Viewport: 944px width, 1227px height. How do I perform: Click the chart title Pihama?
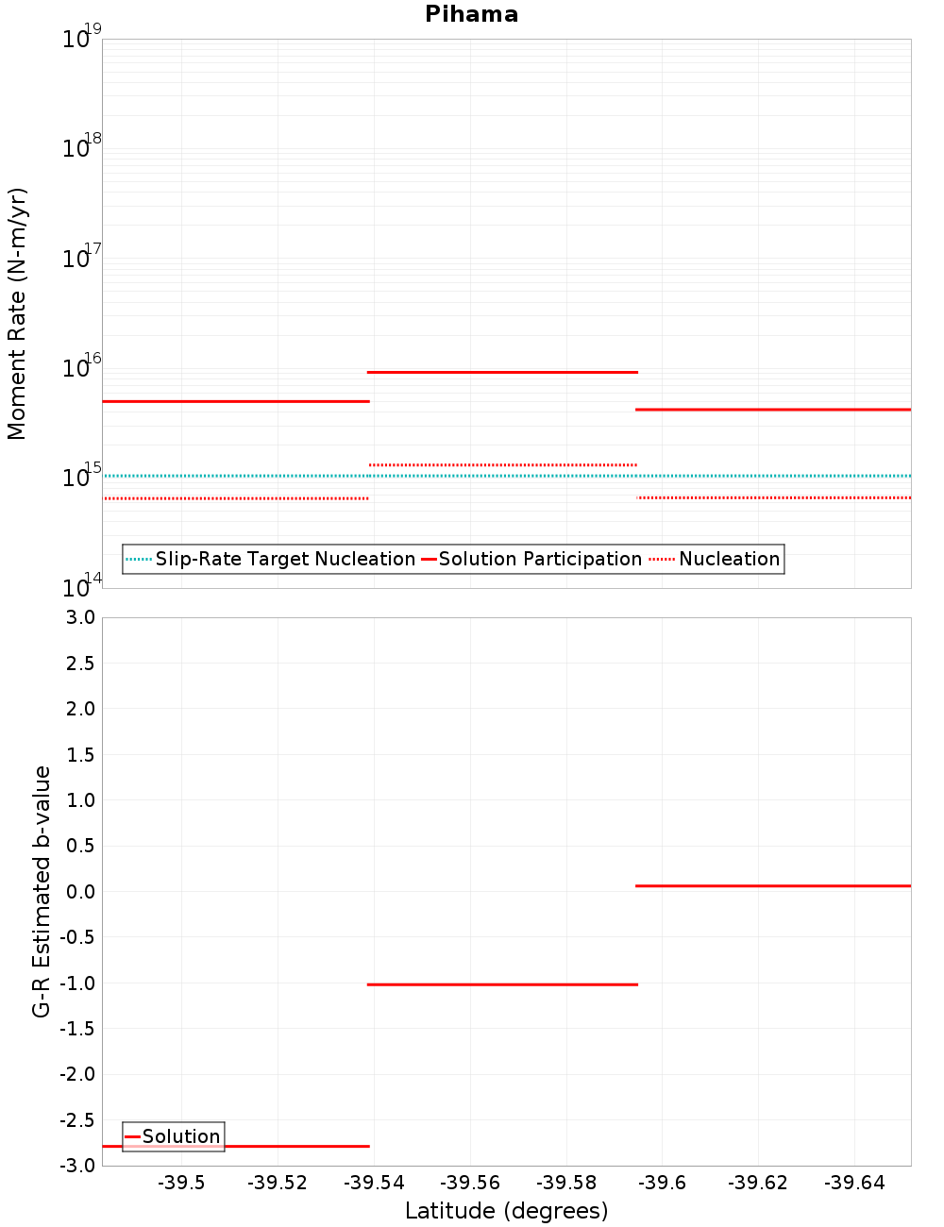471,14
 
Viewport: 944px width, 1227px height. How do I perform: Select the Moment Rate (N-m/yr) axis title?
17,313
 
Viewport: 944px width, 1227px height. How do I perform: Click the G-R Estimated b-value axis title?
42,891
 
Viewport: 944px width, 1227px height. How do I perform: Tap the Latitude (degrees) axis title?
506,1211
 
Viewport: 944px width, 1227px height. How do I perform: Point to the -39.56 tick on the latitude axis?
470,1184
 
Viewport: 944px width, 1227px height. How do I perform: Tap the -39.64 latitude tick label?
854,1184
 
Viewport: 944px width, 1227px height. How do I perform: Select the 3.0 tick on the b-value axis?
80,617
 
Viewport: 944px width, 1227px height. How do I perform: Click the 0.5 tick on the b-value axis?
80,846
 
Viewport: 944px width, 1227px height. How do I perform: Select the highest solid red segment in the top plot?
502,372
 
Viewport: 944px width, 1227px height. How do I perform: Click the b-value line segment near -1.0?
502,984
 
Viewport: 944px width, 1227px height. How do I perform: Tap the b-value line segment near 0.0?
772,885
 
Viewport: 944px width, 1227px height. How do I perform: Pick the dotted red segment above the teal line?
502,464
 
